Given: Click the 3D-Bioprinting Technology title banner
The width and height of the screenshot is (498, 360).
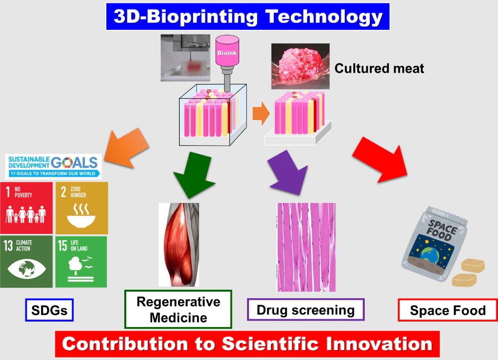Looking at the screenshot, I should point(248,16).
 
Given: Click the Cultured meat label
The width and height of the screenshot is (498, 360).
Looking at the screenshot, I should point(379,68).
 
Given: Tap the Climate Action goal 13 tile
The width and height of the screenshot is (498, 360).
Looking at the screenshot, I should point(26,261).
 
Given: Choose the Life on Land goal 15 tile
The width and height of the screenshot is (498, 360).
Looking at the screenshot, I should point(81,261).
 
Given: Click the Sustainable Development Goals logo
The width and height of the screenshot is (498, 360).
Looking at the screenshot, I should point(53,166).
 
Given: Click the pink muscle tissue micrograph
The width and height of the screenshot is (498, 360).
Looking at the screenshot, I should point(306,247).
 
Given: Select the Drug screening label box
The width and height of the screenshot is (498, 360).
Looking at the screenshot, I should point(305,310).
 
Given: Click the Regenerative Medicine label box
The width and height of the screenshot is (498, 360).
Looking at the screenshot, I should point(178,309).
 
